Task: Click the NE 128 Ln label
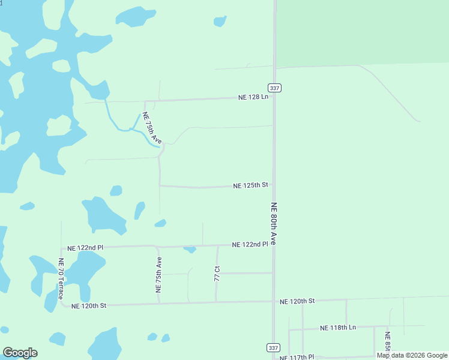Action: (x=253, y=97)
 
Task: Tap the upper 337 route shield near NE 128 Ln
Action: (x=274, y=88)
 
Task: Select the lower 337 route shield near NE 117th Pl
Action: (x=273, y=348)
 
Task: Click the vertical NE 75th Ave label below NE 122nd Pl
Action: (x=159, y=275)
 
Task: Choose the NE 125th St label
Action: (x=250, y=185)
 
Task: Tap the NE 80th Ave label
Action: (x=273, y=223)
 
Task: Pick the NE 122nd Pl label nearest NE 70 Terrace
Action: (x=85, y=247)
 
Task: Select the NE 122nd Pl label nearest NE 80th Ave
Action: (x=250, y=245)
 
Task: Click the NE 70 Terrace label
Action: (x=61, y=279)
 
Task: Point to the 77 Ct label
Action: (x=217, y=274)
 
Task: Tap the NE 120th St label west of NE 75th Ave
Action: (x=89, y=305)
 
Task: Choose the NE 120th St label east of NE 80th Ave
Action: (x=297, y=300)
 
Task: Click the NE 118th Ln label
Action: (x=338, y=328)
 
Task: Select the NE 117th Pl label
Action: (x=297, y=357)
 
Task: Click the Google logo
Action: (x=20, y=353)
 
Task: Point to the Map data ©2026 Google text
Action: (x=412, y=355)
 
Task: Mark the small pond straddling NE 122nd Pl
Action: (x=190, y=248)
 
